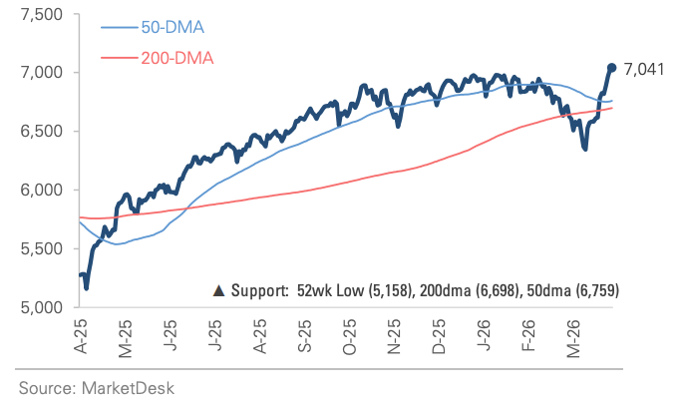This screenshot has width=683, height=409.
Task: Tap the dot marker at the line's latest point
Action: pos(611,68)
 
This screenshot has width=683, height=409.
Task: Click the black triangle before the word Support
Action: pos(219,291)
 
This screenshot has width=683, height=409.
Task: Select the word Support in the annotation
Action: pos(258,291)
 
